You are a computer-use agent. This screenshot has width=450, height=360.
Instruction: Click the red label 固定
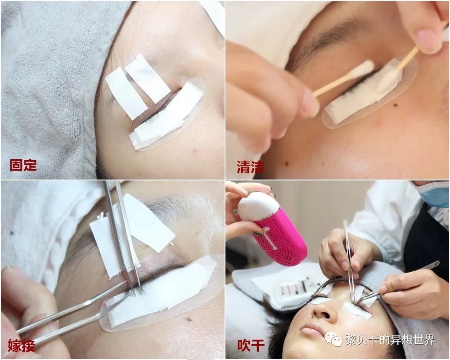pyautogui.click(x=23, y=165)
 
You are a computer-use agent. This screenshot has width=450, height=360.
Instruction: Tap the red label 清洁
pyautogui.click(x=250, y=166)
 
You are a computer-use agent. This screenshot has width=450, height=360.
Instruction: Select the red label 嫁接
pyautogui.click(x=22, y=346)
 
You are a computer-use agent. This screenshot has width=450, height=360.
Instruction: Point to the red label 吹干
pyautogui.click(x=251, y=345)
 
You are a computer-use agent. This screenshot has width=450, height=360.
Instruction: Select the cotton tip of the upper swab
pyautogui.click(x=363, y=69)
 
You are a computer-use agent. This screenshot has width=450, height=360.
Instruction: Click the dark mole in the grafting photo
pyautogui.click(x=189, y=319)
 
